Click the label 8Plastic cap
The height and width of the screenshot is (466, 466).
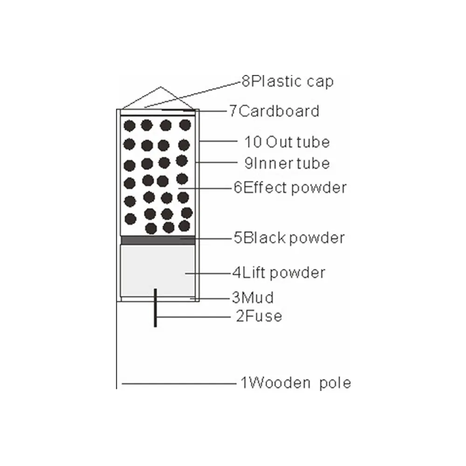click(x=288, y=81)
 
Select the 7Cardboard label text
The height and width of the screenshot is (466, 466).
click(x=274, y=111)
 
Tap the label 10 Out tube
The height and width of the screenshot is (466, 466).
click(x=287, y=142)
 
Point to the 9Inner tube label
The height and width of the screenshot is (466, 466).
click(x=287, y=163)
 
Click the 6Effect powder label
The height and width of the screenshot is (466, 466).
click(x=290, y=188)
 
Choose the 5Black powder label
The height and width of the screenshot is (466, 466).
click(x=289, y=238)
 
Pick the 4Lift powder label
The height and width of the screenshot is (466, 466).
click(x=279, y=273)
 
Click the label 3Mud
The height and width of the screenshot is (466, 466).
click(x=253, y=297)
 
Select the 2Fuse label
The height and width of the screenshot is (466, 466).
click(x=259, y=316)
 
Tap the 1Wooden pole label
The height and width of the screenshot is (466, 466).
click(x=295, y=383)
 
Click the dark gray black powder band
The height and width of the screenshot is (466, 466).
click(x=158, y=240)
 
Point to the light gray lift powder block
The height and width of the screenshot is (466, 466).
click(x=158, y=270)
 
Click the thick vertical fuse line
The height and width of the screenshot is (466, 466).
click(x=155, y=308)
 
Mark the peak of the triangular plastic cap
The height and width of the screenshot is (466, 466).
click(x=161, y=87)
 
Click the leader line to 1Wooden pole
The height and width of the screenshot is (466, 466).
click(x=179, y=384)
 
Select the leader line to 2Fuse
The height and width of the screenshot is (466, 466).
click(x=193, y=317)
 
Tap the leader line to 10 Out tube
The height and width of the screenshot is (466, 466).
click(x=219, y=141)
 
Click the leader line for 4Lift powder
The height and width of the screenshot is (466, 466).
click(x=209, y=273)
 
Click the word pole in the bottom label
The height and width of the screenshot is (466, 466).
click(x=335, y=384)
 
